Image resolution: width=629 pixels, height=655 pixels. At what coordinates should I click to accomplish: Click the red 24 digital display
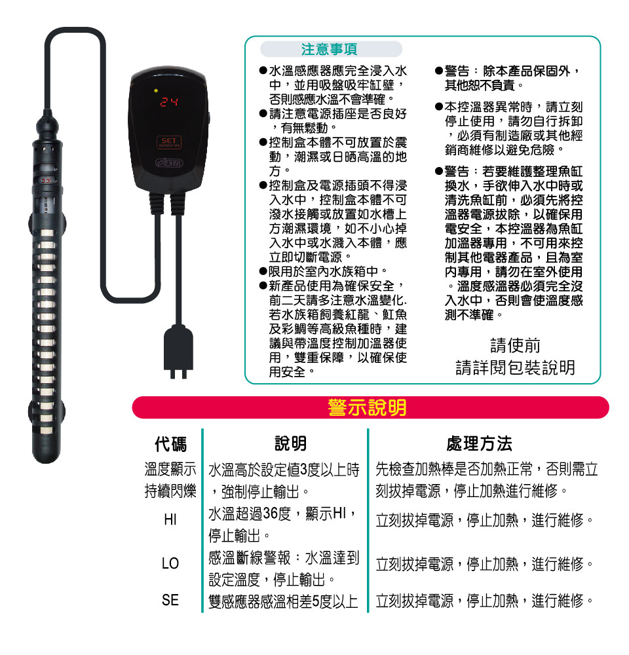(169, 102)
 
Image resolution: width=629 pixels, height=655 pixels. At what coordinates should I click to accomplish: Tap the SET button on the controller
(169, 142)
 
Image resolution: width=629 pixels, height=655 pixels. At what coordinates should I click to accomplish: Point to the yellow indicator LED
(156, 90)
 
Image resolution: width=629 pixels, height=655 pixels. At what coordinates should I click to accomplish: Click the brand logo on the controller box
(169, 162)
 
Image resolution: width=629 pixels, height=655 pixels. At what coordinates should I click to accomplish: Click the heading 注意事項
(330, 49)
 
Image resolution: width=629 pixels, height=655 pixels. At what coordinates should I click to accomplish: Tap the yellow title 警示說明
(368, 407)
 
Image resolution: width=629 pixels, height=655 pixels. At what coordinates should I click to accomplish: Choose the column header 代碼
(170, 443)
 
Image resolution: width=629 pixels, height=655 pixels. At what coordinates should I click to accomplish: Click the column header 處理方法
(479, 443)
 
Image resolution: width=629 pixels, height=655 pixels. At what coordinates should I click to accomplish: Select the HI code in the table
(170, 519)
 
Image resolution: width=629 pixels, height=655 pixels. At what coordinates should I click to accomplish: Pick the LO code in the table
(170, 563)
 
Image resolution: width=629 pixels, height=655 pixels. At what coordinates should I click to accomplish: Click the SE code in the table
(170, 600)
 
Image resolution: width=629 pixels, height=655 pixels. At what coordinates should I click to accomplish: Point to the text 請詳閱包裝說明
(515, 367)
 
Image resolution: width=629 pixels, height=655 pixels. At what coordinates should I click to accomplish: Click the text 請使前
(515, 346)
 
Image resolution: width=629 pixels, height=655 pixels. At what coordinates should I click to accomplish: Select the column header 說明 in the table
(290, 443)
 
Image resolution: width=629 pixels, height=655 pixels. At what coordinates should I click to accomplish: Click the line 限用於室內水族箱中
(324, 272)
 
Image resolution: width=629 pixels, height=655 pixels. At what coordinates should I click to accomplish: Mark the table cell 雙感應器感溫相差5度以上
(283, 601)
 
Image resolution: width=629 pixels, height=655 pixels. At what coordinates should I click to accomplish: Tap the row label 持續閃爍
(170, 491)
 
